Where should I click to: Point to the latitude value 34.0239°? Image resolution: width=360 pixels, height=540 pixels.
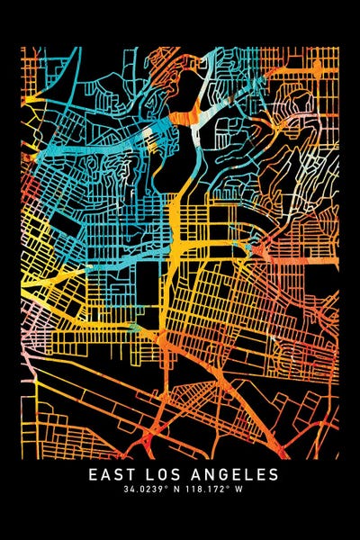click(148, 490)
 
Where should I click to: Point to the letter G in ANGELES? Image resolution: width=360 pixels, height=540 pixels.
click(224, 473)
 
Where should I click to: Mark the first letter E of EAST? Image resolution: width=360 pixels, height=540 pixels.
click(93, 473)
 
